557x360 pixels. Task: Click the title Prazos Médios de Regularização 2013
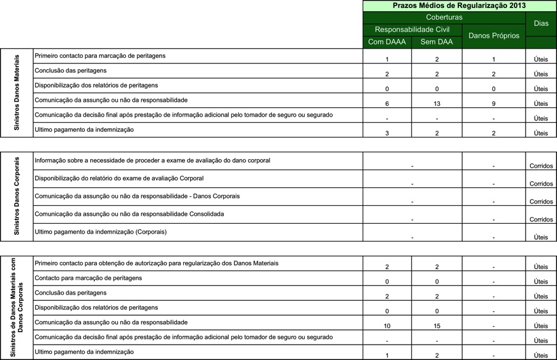click(460, 6)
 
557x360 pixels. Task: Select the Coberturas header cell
click(444, 17)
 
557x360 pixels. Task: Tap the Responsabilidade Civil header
click(412, 30)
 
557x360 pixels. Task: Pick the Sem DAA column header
click(437, 42)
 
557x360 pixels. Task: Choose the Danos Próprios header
click(493, 36)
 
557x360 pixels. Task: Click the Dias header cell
click(541, 23)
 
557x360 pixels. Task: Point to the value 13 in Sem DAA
click(437, 104)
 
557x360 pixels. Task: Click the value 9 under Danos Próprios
click(493, 104)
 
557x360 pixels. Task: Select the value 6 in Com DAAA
click(386, 104)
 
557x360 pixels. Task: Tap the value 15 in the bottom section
click(437, 325)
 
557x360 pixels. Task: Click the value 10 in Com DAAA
click(386, 325)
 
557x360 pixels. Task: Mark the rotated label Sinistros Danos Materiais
click(17, 92)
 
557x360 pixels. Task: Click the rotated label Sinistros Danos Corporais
click(17, 195)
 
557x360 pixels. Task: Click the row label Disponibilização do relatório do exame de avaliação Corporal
click(119, 178)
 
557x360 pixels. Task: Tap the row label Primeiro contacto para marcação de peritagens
click(100, 55)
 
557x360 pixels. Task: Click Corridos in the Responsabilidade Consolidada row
click(541, 219)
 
